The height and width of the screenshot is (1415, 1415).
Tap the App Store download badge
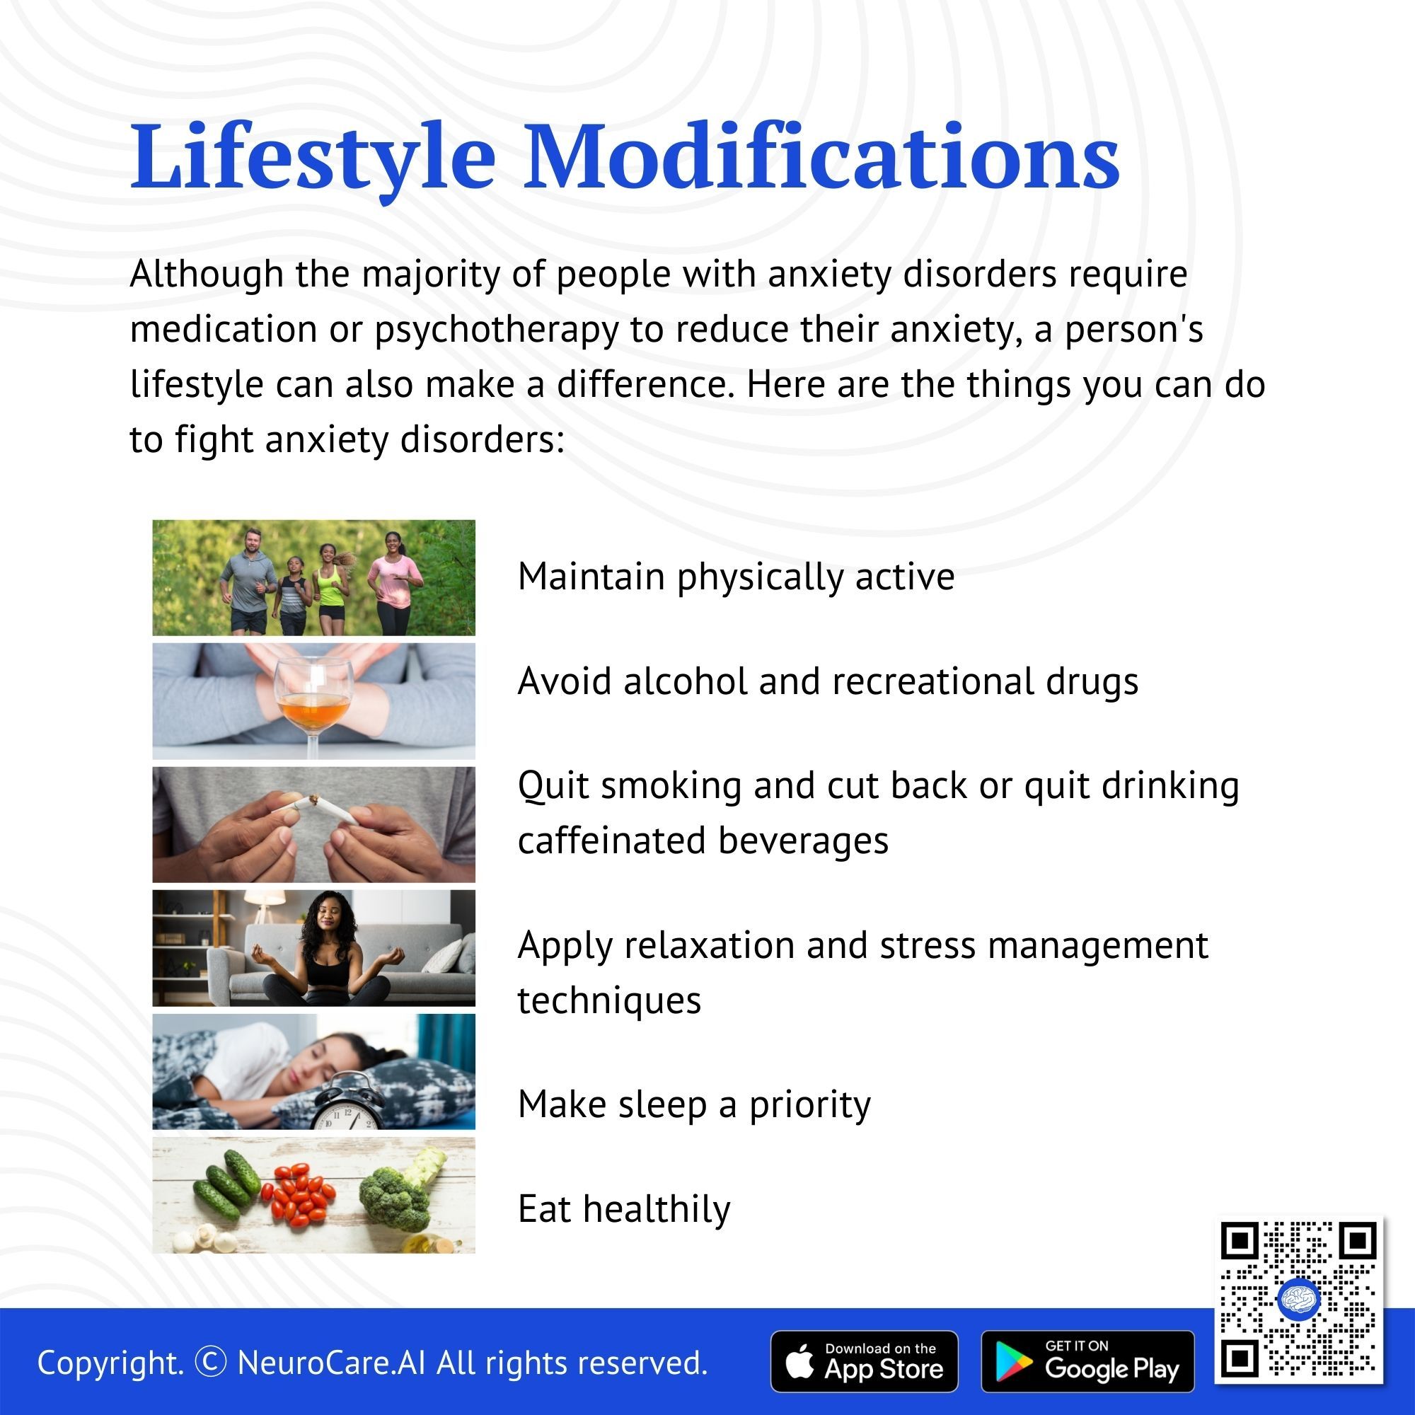coord(865,1361)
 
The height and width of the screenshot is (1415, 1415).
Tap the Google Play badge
coord(1087,1361)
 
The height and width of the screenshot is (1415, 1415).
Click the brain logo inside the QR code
coord(1298,1300)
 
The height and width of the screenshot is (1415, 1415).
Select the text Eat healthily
coord(624,1208)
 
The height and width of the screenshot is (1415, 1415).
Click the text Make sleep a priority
coord(694,1104)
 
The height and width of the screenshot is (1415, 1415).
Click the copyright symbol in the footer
coord(211,1362)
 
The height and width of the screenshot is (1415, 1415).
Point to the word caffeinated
coord(612,840)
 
